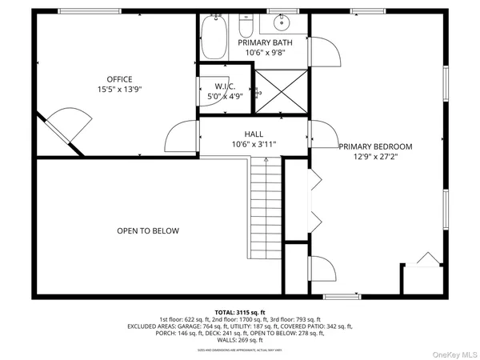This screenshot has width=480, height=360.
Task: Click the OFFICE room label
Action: [119, 79]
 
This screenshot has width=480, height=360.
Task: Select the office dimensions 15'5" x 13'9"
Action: [119, 90]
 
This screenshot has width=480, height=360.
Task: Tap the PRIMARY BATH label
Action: [265, 42]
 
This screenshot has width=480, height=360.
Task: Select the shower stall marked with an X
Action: [280, 91]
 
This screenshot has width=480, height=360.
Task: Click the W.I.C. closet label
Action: [225, 86]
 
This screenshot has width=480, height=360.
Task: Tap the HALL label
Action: [254, 134]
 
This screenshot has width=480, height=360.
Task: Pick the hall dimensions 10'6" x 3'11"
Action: [254, 145]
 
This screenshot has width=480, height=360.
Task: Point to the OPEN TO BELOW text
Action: [148, 231]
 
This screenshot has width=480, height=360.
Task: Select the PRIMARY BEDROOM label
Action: [375, 146]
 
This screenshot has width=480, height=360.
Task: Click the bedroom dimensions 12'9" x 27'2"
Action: [375, 158]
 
